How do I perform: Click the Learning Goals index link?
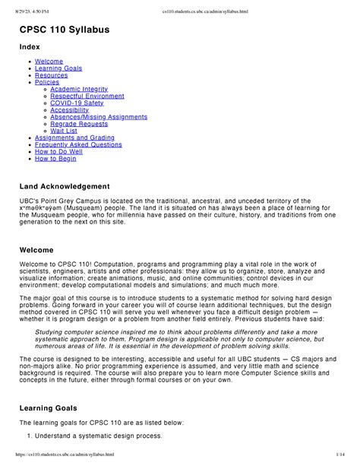(59, 68)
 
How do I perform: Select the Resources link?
(52, 75)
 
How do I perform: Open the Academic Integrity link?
(79, 89)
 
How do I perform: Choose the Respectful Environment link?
(87, 96)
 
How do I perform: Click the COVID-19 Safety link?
(77, 103)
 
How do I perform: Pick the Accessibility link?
(69, 109)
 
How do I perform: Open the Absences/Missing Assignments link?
(98, 116)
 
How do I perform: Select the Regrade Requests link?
(79, 123)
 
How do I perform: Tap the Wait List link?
(63, 130)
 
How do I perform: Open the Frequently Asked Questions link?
(78, 144)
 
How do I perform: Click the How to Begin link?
(55, 158)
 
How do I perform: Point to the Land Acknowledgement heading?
(75, 186)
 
